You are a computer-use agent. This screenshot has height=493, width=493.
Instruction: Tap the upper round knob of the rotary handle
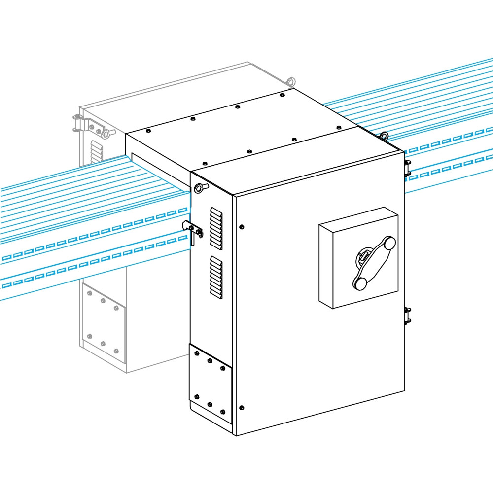click(389, 243)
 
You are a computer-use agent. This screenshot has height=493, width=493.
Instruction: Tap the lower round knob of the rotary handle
click(360, 283)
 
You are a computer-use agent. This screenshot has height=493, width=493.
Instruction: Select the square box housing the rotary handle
click(359, 258)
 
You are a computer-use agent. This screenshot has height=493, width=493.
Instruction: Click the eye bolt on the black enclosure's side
click(199, 187)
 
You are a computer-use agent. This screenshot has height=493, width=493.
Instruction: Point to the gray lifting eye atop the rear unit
click(290, 81)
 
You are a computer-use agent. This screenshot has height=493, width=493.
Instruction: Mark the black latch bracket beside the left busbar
click(193, 230)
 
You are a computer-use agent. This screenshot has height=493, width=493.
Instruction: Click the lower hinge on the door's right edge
click(407, 315)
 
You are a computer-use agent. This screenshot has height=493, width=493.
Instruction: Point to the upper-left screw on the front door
click(241, 227)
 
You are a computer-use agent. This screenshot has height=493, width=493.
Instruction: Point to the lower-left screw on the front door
click(241, 408)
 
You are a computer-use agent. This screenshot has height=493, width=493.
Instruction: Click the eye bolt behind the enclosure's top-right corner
click(383, 135)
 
